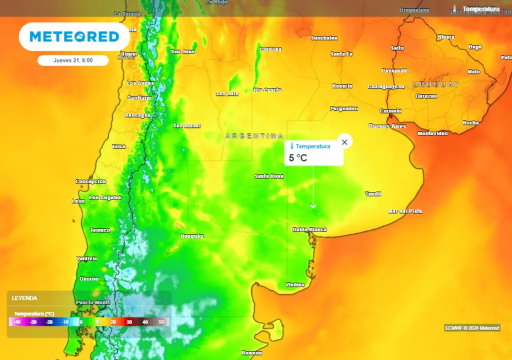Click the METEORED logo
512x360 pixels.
[x=74, y=36]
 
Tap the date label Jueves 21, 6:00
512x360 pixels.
[x=73, y=60]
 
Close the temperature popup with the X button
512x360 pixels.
[x=344, y=142]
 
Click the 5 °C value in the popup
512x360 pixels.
[x=298, y=158]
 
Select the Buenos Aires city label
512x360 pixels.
[x=387, y=126]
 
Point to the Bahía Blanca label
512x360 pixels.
[x=309, y=229]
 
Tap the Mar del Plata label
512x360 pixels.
[x=405, y=211]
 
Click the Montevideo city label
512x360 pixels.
[x=432, y=133]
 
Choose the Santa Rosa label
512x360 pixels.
[x=269, y=176]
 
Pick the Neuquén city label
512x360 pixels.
[x=192, y=235]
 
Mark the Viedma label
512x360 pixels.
[x=295, y=284]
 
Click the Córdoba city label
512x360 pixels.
[x=270, y=49]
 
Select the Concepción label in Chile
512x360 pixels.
[x=90, y=181]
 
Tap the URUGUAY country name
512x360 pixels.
[x=435, y=84]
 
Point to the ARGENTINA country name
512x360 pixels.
[x=254, y=136]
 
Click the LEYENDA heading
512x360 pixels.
[x=24, y=298]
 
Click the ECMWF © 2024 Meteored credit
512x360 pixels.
[x=472, y=328]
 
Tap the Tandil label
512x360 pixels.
[x=373, y=193]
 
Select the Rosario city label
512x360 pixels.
[x=342, y=86]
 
